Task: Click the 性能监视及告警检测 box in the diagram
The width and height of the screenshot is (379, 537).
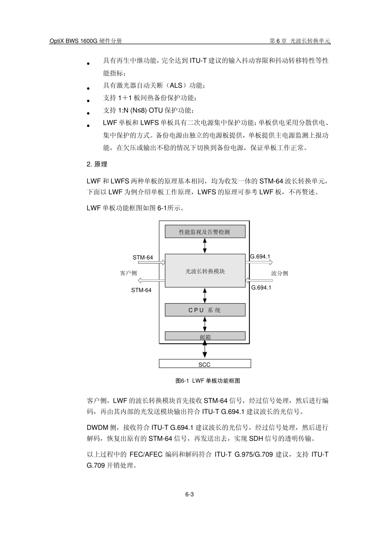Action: pos(205,232)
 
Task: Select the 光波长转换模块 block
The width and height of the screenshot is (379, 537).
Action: pos(205,271)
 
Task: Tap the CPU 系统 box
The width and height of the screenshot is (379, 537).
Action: pos(205,310)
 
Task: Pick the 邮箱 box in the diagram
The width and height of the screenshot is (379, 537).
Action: pos(205,337)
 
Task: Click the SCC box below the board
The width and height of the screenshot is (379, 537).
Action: pos(205,364)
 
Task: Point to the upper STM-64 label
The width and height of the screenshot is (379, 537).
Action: pos(143,257)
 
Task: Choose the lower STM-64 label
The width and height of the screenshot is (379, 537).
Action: pos(141,290)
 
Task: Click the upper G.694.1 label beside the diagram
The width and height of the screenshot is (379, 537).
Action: pos(261,257)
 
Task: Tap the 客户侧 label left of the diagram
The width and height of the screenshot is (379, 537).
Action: pos(128,273)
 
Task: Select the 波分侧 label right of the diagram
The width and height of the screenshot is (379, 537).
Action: pos(279,273)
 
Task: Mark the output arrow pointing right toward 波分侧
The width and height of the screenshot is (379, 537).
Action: pos(259,263)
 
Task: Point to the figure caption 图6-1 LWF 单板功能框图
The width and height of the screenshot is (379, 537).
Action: pos(208,381)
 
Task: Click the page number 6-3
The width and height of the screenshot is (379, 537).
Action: pos(189,495)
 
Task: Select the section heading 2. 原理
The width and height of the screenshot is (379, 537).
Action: pos(97,164)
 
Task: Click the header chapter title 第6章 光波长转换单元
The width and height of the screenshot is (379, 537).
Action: pos(300,41)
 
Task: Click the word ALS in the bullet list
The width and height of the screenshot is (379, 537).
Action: pos(176,86)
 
